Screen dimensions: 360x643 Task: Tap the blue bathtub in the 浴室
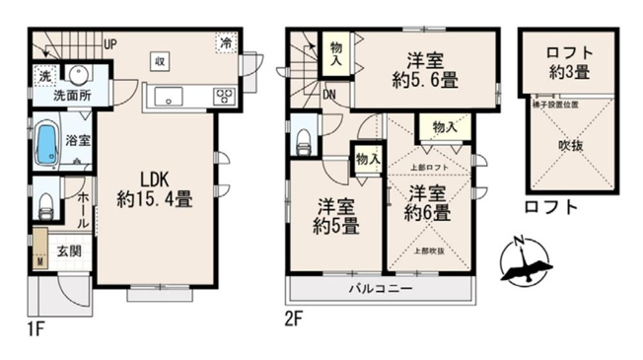[x=47, y=144]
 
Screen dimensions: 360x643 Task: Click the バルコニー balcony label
[x=380, y=289]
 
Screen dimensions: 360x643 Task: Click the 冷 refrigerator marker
[x=227, y=43]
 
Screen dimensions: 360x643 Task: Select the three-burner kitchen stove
[x=225, y=96]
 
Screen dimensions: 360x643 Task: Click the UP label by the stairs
[x=111, y=43]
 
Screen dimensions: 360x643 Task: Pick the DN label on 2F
[x=328, y=96]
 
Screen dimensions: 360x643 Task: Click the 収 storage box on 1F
[x=159, y=60]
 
